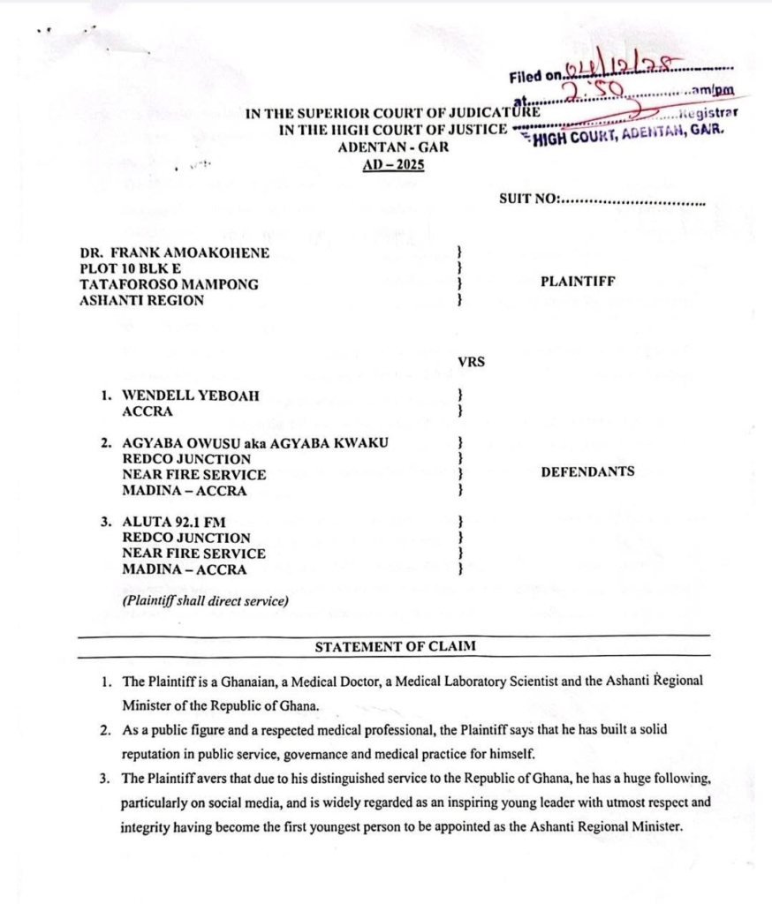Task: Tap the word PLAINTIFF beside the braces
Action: (x=578, y=282)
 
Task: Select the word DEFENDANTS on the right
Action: (x=587, y=471)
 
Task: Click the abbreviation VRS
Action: (x=472, y=361)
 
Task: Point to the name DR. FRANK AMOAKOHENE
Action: (x=175, y=252)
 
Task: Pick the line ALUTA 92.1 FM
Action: (x=174, y=522)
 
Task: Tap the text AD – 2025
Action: (x=393, y=165)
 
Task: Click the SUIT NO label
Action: (x=530, y=199)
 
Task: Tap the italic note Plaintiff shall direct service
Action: (x=205, y=601)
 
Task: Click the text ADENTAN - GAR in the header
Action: (x=393, y=147)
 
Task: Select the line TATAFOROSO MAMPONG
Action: (x=170, y=284)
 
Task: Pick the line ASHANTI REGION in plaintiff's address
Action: (x=142, y=300)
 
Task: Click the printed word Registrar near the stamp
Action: (x=708, y=113)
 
